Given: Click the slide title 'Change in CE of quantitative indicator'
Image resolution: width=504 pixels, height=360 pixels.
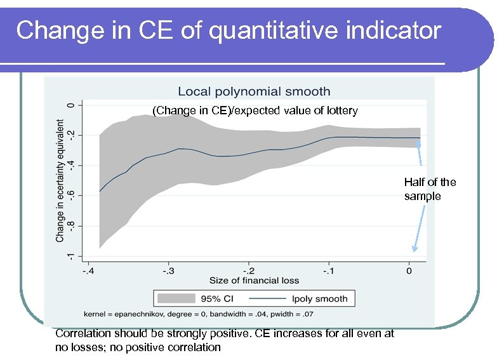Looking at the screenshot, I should [229, 30].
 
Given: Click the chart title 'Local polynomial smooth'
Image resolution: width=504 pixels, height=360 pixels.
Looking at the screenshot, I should [254, 92].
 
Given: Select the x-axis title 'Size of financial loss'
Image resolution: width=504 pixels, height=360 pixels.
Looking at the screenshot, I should [254, 280].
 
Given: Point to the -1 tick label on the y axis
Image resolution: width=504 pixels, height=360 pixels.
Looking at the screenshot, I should [71, 255].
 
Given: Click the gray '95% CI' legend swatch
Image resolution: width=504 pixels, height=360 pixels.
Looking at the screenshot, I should [179, 298].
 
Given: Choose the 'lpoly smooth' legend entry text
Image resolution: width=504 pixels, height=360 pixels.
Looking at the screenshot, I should [323, 298].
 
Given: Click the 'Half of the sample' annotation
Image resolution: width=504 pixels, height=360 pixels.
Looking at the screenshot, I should [430, 189].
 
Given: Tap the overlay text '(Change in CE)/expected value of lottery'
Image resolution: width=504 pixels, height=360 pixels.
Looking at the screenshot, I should [255, 111].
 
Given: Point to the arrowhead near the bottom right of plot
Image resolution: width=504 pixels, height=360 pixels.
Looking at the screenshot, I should [414, 250].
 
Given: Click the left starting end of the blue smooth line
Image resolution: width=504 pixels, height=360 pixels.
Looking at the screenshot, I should [100, 191].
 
